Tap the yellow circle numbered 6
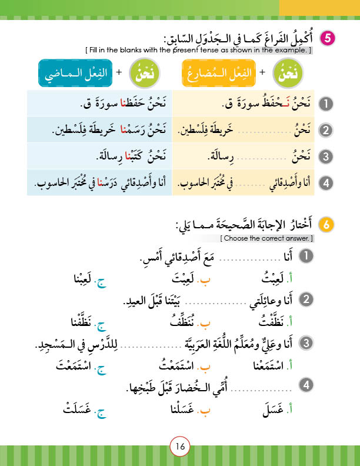coord(326,225)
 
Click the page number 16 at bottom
coord(180,447)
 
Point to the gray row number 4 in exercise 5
coord(325,184)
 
